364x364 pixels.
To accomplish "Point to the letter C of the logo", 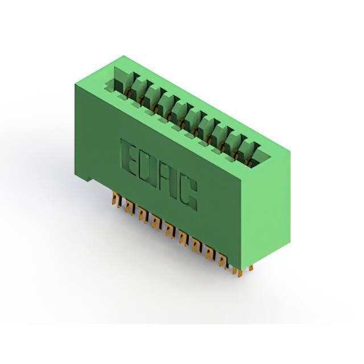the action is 189,195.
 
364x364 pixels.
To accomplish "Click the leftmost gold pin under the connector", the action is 115,200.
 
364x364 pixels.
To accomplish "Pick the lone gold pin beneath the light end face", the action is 251,268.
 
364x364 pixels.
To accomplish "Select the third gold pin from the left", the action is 142,215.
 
